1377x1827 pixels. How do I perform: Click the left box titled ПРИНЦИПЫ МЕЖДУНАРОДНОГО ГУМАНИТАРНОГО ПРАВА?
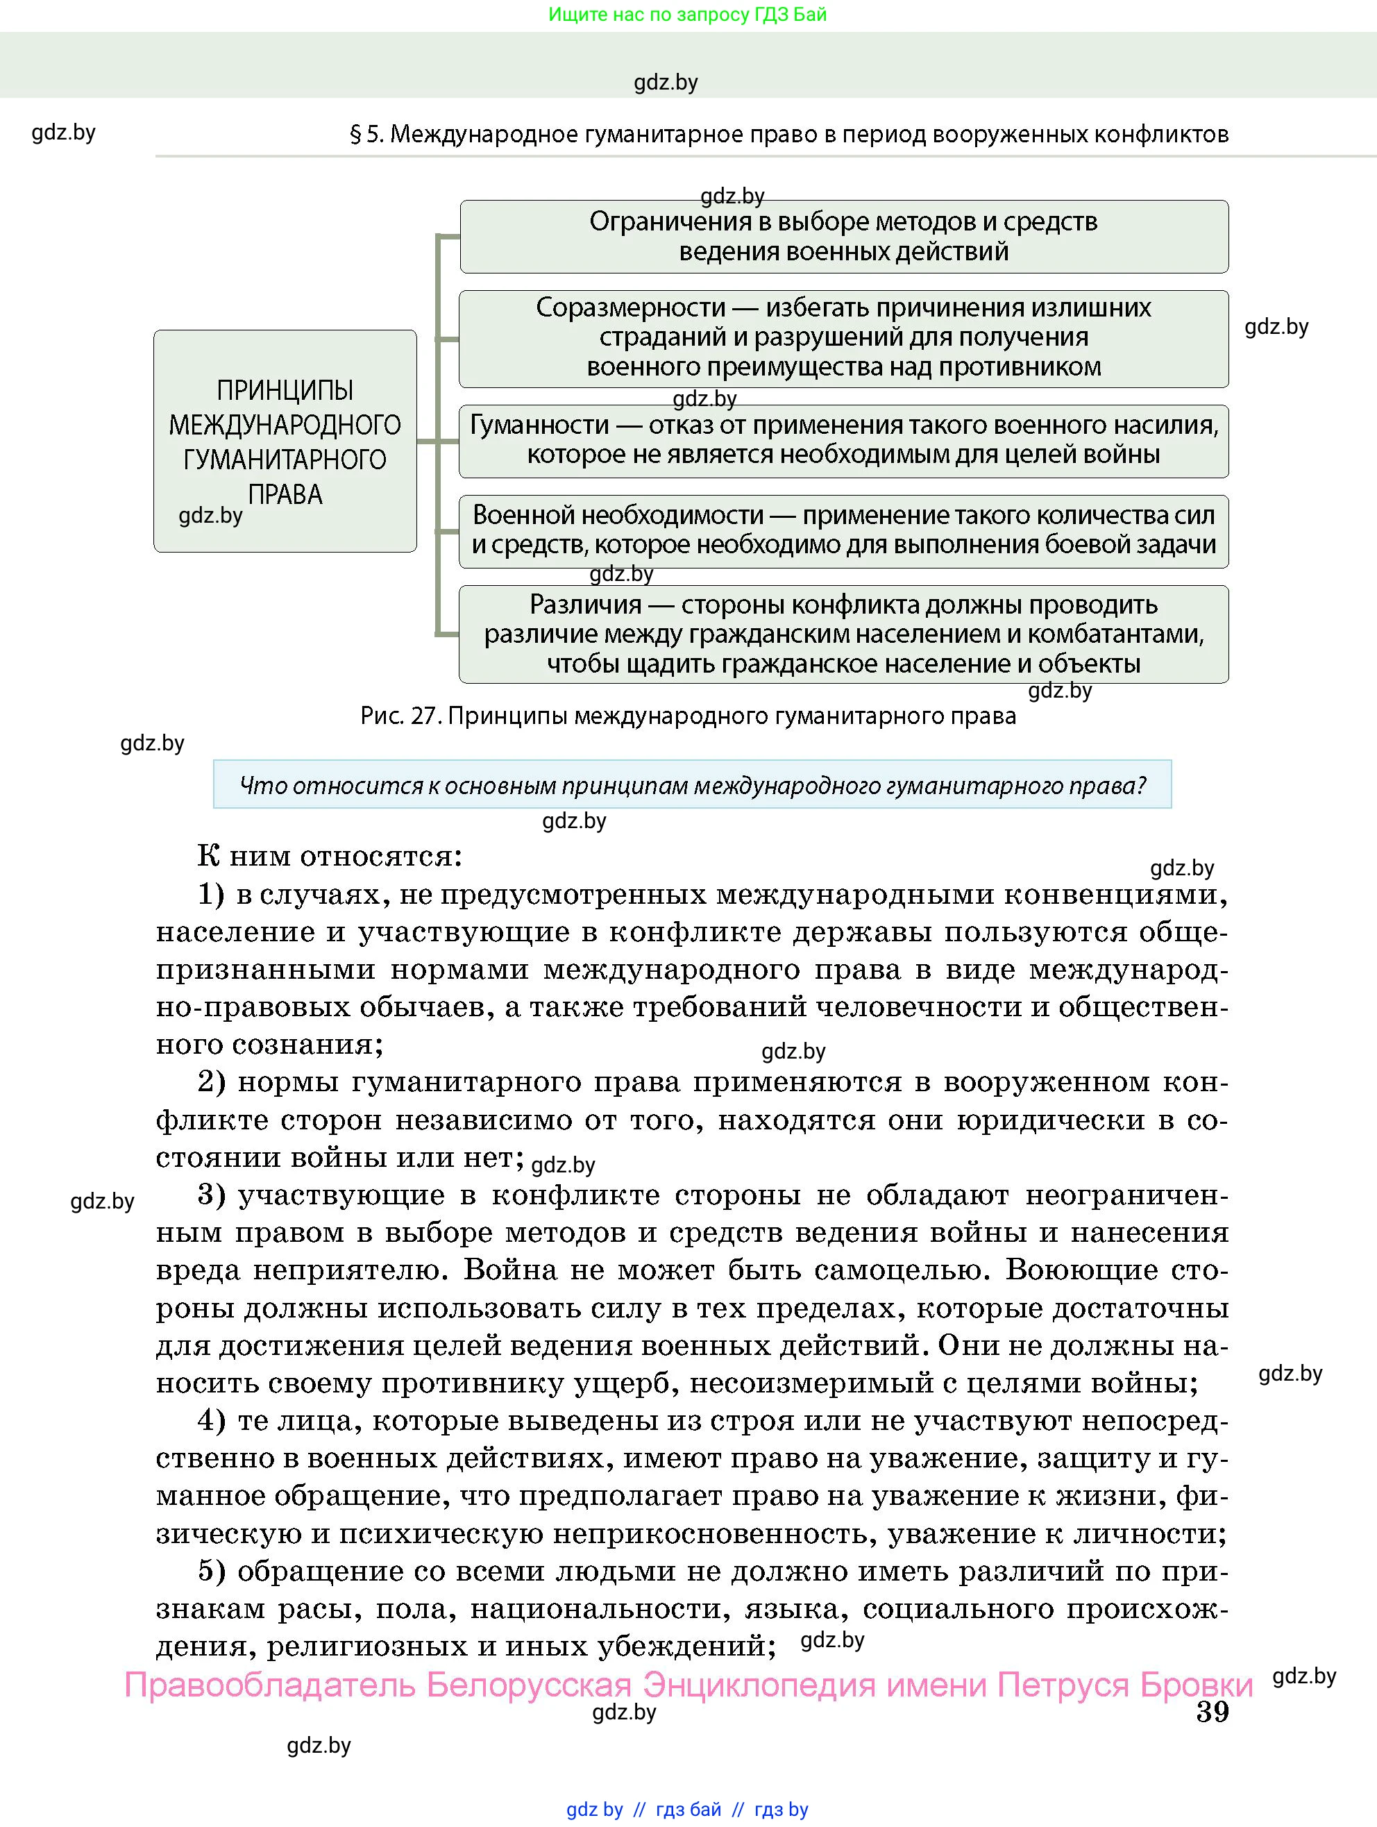pos(285,441)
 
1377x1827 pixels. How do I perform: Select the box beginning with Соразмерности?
pos(843,338)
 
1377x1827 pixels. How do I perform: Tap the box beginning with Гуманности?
pos(843,440)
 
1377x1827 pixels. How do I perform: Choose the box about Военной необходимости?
pos(843,530)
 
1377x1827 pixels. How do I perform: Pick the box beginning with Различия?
pos(843,634)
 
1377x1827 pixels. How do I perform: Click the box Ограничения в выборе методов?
pos(843,236)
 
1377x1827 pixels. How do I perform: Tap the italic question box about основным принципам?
pos(692,784)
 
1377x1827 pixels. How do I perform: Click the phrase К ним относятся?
pos(330,857)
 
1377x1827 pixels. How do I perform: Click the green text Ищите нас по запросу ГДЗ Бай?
pos(687,14)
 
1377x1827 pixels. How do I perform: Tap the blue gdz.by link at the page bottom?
pos(594,1810)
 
